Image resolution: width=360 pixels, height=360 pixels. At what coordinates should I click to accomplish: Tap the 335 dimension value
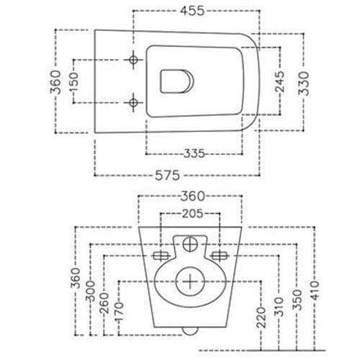pos(192,153)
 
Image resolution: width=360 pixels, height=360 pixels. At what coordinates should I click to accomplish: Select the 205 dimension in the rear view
pos(192,214)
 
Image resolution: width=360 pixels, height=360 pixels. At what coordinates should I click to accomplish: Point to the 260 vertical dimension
pos(105,301)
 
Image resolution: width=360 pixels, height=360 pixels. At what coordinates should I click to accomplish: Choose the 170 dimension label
pos(120,312)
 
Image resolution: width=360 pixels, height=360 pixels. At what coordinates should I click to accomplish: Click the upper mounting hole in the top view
pos(134,58)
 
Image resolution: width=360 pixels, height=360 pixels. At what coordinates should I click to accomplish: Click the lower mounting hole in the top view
pos(134,102)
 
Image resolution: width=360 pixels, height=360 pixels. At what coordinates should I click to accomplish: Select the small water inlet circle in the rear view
pos(191,243)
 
